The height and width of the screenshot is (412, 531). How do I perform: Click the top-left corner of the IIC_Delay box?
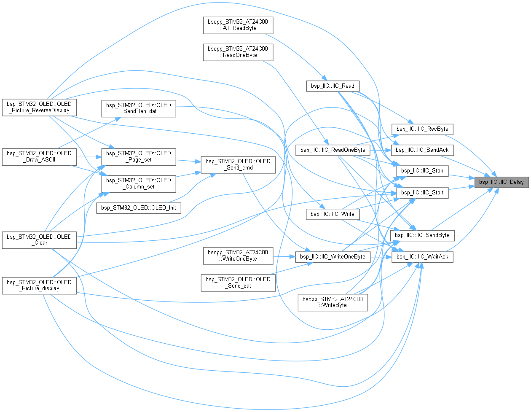475,177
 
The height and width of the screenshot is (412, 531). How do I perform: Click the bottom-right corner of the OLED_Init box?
181,213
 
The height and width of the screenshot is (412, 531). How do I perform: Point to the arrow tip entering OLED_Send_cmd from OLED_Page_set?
201,162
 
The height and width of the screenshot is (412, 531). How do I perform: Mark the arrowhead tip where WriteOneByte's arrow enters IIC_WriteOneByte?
295,257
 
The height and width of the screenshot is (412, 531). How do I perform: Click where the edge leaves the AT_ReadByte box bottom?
265,34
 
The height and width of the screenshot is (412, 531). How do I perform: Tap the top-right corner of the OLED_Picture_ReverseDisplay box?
76,99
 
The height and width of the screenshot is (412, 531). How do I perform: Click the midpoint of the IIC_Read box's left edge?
306,86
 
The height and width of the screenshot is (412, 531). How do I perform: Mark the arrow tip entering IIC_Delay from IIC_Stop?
475,179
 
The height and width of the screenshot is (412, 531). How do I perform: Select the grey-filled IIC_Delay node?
501,183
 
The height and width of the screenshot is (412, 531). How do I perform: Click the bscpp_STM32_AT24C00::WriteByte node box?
333,302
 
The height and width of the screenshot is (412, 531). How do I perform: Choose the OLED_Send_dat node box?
238,283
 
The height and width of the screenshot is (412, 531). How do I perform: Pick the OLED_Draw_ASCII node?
39,157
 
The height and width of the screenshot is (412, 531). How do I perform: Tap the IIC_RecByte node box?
423,129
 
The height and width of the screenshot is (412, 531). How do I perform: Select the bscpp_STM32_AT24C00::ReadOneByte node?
238,52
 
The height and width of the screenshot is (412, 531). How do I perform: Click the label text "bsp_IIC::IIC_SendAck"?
422,150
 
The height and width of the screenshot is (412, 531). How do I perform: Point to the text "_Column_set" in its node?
140,187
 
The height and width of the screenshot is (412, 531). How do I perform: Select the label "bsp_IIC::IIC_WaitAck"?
422,257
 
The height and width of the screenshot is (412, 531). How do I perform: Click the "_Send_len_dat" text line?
139,111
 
